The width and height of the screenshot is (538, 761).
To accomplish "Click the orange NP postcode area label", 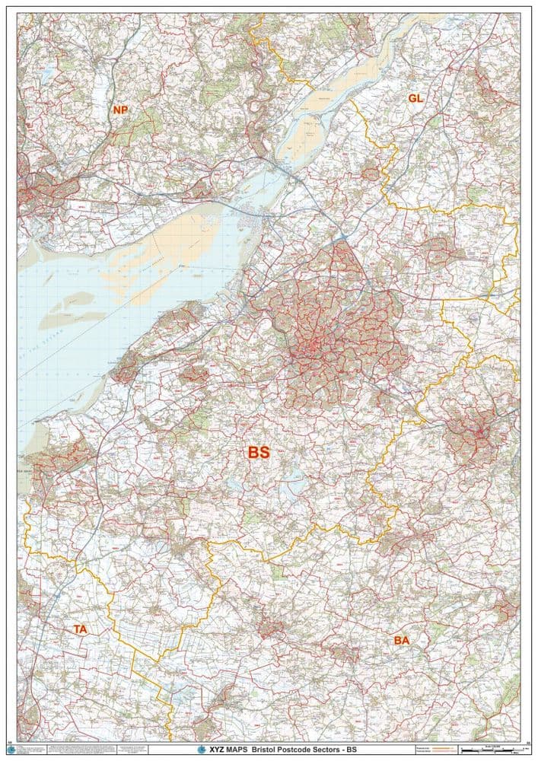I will point(120,110).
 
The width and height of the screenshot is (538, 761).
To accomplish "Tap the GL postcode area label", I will point(415,99).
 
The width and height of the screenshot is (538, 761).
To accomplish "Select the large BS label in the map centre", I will point(259,452).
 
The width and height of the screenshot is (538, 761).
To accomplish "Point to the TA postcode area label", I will point(80,629).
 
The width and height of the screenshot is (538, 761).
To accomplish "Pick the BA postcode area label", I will point(402,641).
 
